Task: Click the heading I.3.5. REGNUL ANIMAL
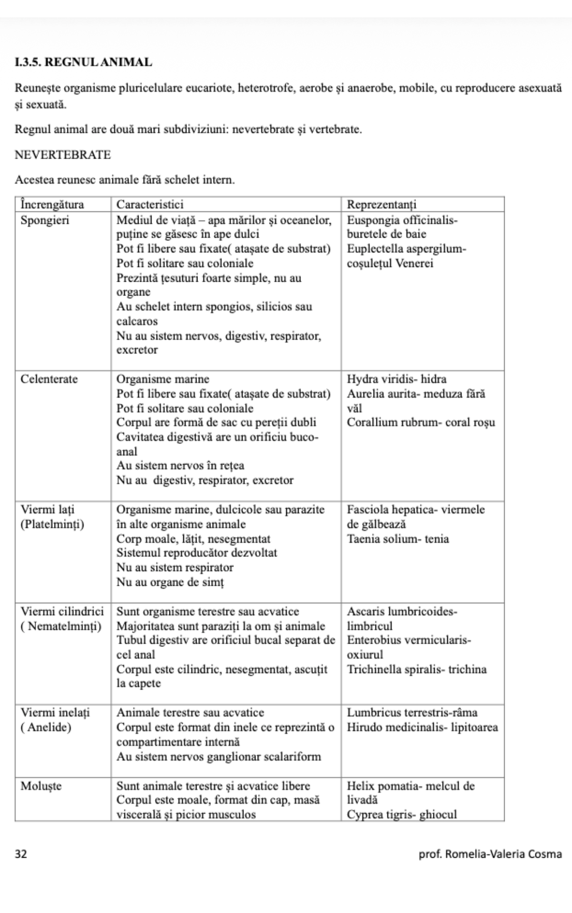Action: click(x=83, y=62)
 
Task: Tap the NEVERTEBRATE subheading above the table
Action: click(x=63, y=155)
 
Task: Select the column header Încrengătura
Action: click(x=52, y=205)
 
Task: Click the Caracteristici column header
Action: click(x=150, y=205)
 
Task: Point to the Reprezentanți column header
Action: click(x=382, y=205)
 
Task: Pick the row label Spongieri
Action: click(x=45, y=220)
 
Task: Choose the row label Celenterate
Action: click(x=49, y=379)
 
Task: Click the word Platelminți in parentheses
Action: click(x=53, y=524)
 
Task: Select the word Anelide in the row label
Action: click(x=49, y=728)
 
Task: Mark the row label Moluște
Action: click(x=41, y=786)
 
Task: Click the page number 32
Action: click(x=21, y=854)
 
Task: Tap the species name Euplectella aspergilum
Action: click(x=405, y=249)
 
